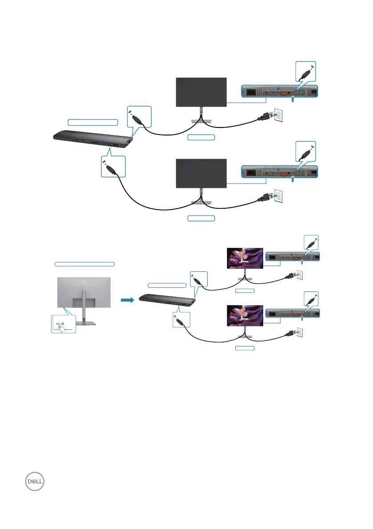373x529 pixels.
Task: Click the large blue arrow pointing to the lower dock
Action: pyautogui.click(x=128, y=300)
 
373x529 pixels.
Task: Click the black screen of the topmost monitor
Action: pyautogui.click(x=202, y=92)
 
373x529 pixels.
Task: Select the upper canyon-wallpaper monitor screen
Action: pyautogui.click(x=245, y=258)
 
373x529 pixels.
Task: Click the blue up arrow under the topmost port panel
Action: pyautogui.click(x=292, y=100)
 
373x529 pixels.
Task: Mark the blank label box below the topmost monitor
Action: pyautogui.click(x=201, y=137)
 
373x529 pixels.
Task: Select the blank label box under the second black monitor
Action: pyautogui.click(x=201, y=219)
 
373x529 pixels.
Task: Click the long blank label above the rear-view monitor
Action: pyautogui.click(x=84, y=264)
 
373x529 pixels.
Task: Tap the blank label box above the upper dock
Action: pyautogui.click(x=93, y=122)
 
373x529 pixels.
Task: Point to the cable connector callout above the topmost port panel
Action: pyautogui.click(x=306, y=71)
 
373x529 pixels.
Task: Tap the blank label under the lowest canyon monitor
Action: pyautogui.click(x=245, y=348)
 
